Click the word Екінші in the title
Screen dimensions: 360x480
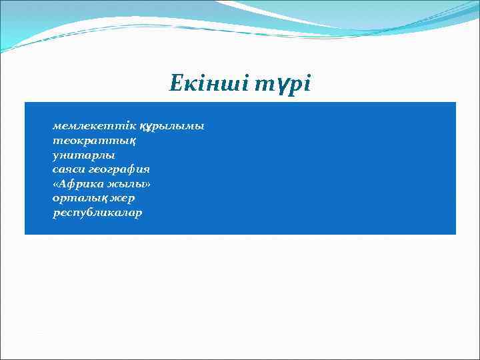point(209,84)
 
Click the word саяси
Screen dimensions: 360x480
point(69,169)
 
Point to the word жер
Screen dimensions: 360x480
point(125,199)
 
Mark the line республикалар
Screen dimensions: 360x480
point(97,213)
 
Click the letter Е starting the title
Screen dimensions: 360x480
point(175,84)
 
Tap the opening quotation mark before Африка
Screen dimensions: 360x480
point(56,184)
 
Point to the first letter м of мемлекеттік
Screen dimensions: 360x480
point(57,125)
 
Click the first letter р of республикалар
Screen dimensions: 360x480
point(56,214)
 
